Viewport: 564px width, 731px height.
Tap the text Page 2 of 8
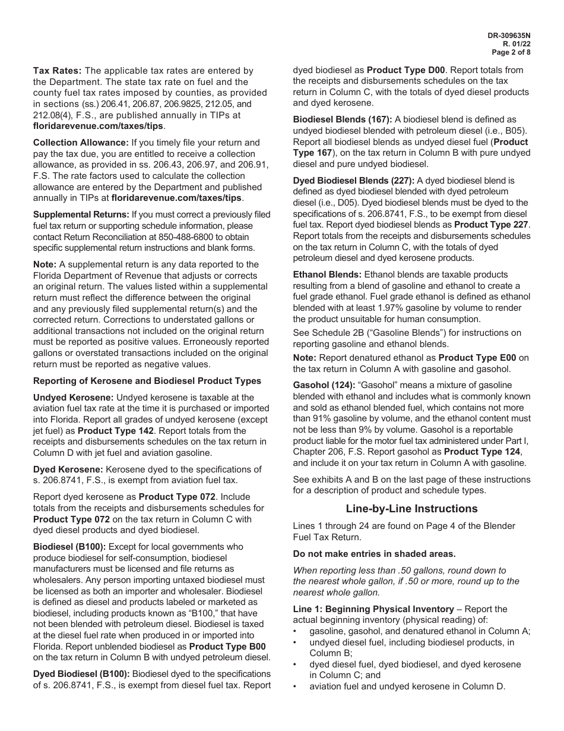coord(512,52)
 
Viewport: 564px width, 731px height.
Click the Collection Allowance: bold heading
coord(81,143)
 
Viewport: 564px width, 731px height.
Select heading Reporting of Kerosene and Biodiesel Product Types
coord(147,381)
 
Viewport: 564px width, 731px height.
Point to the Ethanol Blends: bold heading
coord(327,275)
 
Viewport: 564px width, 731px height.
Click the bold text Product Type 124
coord(483,452)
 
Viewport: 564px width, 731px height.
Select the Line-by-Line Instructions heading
coord(411,509)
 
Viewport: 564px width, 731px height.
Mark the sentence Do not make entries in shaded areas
coord(374,554)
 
